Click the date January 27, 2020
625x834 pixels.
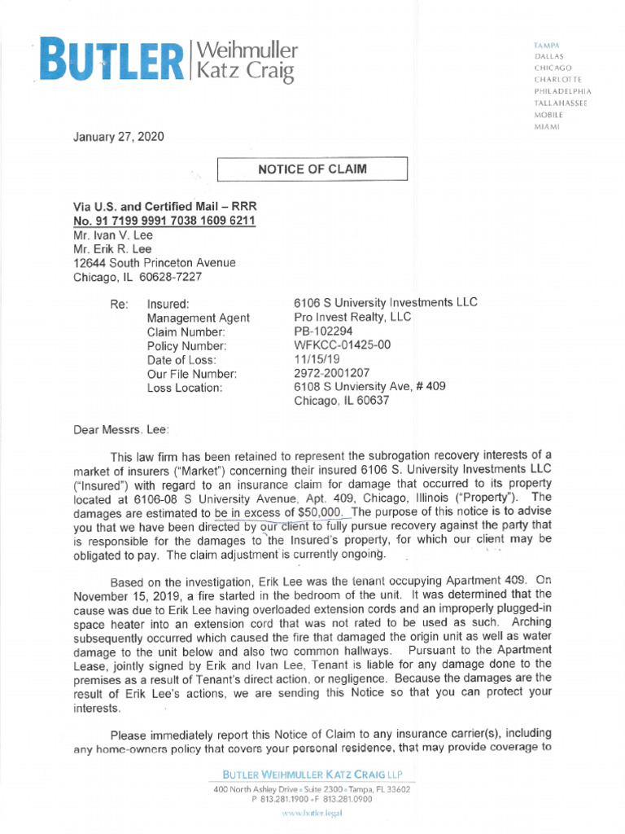(119, 137)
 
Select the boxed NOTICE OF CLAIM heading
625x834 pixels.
(312, 169)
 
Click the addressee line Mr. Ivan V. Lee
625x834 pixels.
(112, 235)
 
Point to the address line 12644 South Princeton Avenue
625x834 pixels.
(155, 263)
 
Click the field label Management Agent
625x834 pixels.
(199, 318)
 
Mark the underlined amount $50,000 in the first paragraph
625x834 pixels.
(326, 511)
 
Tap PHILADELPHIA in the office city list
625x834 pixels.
(562, 92)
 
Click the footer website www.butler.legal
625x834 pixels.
(312, 814)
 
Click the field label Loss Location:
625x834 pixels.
(185, 388)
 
